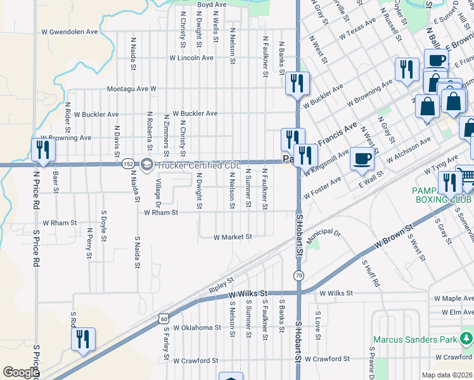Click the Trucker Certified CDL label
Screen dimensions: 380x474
(199, 166)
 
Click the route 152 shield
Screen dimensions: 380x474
(129, 163)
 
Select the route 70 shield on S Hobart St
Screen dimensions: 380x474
(298, 275)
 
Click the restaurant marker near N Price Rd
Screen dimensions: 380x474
(43, 149)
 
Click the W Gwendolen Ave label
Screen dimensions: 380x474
(70, 31)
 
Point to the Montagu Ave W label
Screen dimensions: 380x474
(131, 89)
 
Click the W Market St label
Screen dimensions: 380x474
(233, 237)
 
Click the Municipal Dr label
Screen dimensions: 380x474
(324, 236)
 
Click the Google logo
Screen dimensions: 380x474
(21, 372)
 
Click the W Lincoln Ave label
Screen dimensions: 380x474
(191, 58)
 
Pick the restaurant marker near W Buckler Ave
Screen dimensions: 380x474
(296, 83)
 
